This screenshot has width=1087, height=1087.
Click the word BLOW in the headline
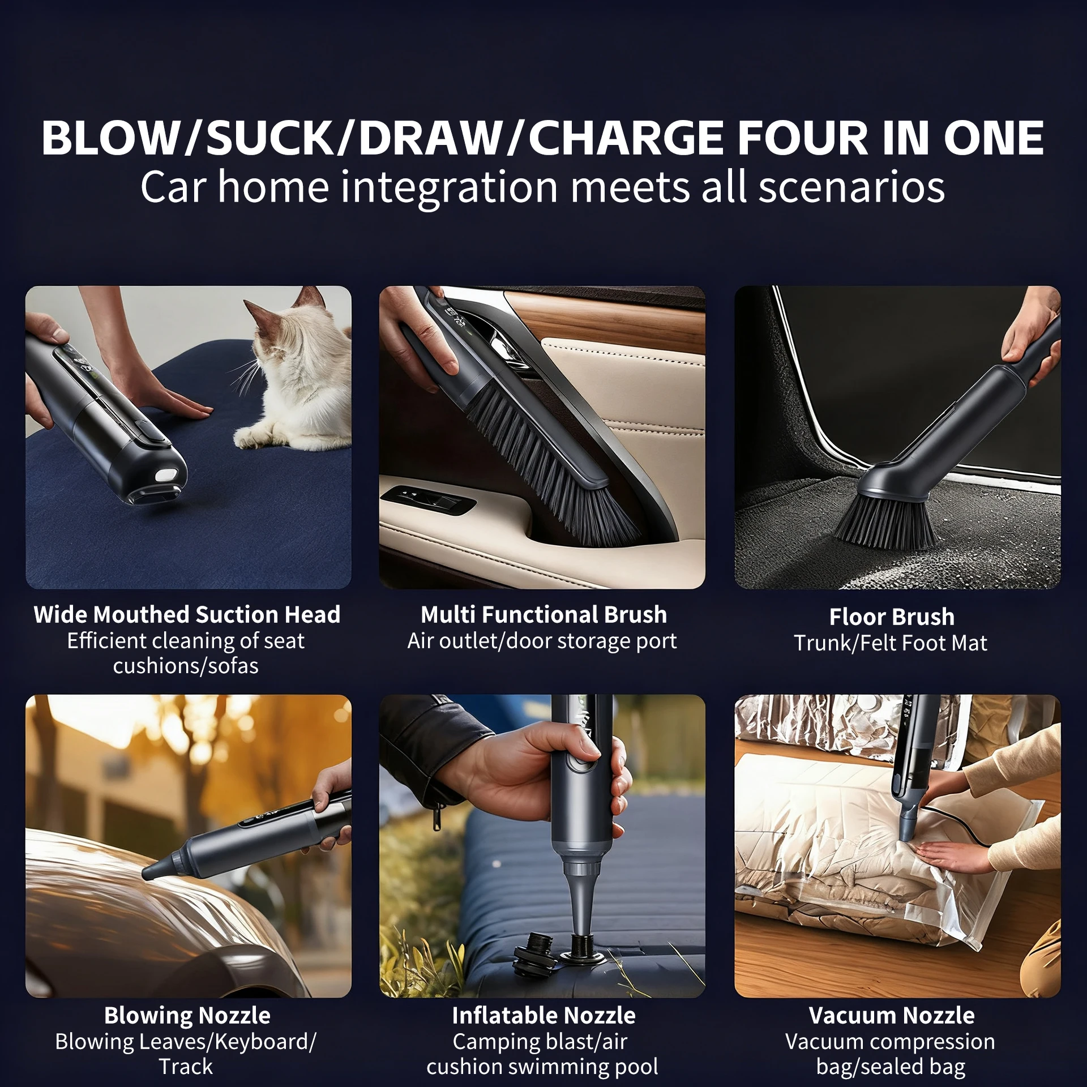(110, 138)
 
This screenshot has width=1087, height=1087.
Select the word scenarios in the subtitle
(851, 187)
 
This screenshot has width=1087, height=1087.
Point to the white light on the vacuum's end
(166, 474)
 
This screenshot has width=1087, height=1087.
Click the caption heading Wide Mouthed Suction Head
(187, 614)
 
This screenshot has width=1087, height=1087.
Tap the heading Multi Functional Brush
(543, 614)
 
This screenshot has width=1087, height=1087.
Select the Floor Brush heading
(892, 617)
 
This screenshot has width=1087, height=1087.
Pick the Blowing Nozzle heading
(187, 1015)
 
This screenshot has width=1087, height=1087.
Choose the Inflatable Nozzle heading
(543, 1015)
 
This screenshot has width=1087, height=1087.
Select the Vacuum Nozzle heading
(892, 1015)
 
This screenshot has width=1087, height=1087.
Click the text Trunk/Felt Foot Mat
(891, 643)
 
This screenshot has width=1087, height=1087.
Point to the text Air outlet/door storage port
(542, 641)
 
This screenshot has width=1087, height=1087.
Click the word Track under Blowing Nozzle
(186, 1067)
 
